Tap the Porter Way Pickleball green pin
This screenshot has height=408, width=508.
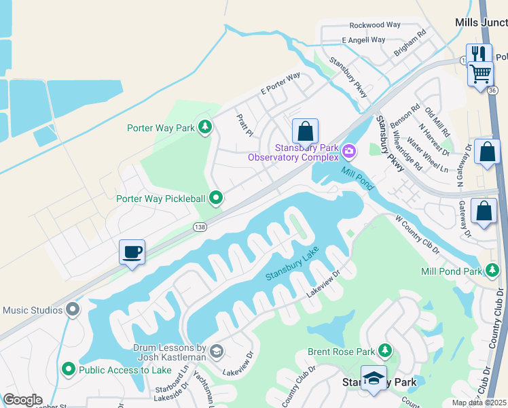tap(216, 198)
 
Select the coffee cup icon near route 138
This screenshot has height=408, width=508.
tap(132, 252)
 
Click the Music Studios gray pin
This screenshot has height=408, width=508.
tap(73, 310)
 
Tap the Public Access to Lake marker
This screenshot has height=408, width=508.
tap(68, 370)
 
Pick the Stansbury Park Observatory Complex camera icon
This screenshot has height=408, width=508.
tap(349, 150)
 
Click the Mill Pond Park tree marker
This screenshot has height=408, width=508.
tap(492, 271)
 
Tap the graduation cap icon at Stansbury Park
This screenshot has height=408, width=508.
tap(373, 379)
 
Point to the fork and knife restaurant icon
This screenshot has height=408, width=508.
tap(479, 54)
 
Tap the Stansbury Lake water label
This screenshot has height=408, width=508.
tap(292, 266)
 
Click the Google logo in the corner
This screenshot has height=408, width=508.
tap(22, 400)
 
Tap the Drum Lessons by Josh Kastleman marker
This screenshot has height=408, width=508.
tap(216, 351)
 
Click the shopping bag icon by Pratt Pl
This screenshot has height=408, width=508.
tap(305, 131)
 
